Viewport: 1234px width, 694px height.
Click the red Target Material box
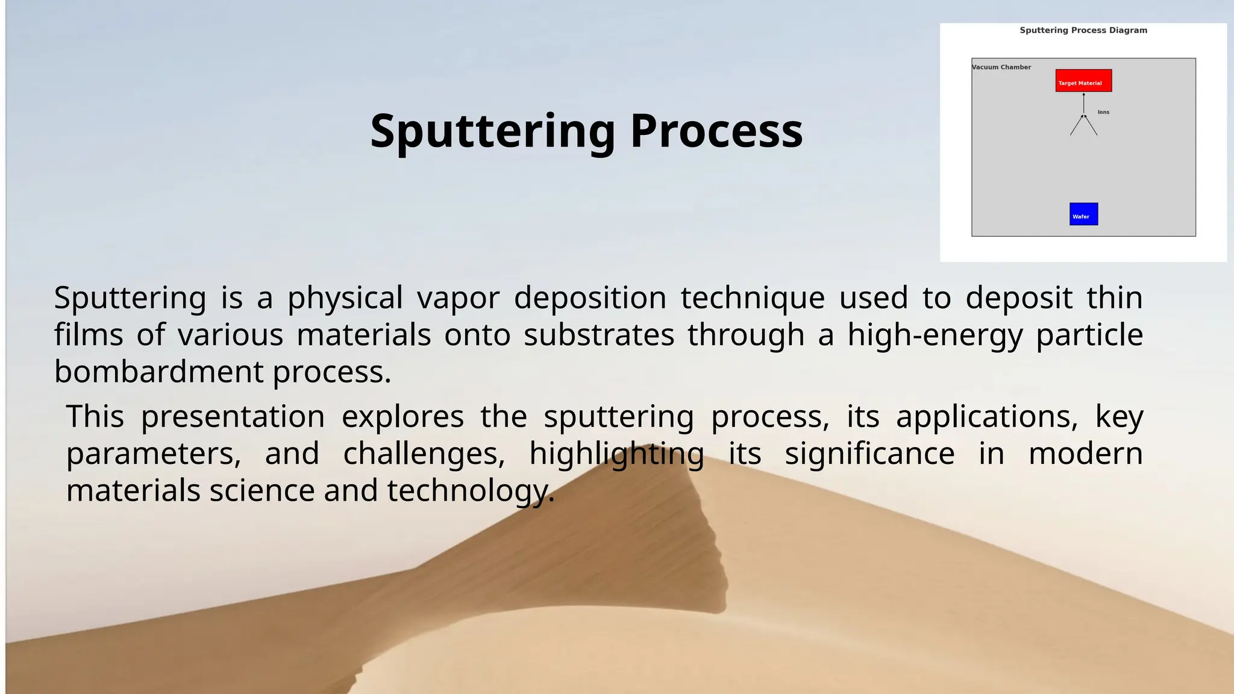point(1083,81)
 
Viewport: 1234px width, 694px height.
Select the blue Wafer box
point(1083,214)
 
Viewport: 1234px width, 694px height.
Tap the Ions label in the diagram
point(1103,112)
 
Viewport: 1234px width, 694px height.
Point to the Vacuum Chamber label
point(1001,67)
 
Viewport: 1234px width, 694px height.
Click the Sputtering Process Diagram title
point(1083,30)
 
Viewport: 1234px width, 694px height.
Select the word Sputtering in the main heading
point(492,131)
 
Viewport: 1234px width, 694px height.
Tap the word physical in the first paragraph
point(345,298)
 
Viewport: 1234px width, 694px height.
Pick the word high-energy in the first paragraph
point(935,336)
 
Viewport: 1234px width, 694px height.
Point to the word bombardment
point(158,372)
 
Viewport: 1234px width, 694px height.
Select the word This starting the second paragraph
point(95,416)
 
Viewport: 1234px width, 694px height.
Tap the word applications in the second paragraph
point(987,417)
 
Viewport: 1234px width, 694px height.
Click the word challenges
point(424,454)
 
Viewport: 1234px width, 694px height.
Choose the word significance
point(869,454)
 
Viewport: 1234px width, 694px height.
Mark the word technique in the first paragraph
point(753,298)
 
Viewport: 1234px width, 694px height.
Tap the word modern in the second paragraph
point(1085,454)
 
